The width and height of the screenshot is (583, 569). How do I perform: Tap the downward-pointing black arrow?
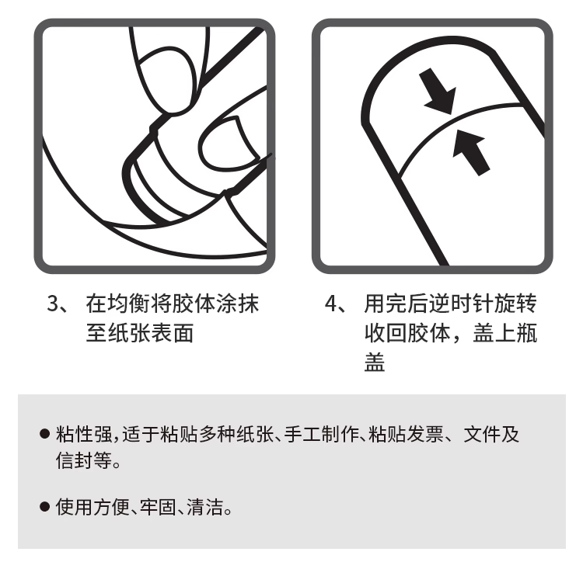[x=438, y=91]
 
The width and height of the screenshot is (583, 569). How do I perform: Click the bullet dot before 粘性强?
[x=44, y=433]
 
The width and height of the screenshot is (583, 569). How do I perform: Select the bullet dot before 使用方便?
[x=44, y=507]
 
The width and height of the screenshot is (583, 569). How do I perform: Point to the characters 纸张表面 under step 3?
[x=140, y=332]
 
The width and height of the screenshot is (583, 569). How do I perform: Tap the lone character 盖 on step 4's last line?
[x=375, y=362]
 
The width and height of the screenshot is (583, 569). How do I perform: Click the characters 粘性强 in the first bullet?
[x=84, y=434]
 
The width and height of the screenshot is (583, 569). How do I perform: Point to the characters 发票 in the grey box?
[x=425, y=434]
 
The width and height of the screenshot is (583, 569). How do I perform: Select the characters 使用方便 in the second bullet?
[x=93, y=507]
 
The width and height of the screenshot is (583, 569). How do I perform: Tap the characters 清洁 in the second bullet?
[x=205, y=507]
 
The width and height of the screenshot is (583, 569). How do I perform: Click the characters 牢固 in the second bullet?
[x=159, y=507]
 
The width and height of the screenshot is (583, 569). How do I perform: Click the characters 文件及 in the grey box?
[x=491, y=434]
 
